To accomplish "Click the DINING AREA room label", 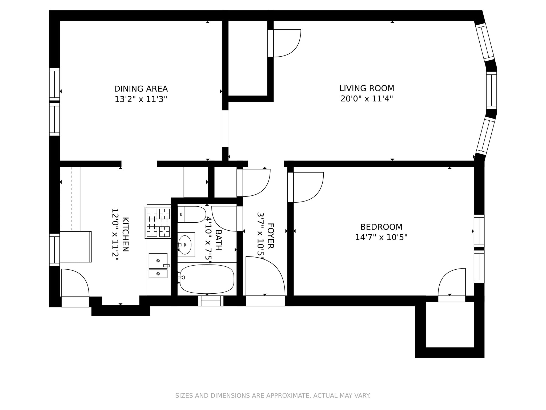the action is click(x=141, y=89).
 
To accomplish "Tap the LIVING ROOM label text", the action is click(x=367, y=88).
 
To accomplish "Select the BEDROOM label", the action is click(x=381, y=227).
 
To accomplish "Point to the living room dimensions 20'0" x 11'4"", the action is click(x=367, y=99).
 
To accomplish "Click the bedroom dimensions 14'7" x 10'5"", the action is click(x=381, y=237).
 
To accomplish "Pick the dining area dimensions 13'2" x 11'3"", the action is click(x=141, y=99).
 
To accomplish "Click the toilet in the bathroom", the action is click(x=192, y=214).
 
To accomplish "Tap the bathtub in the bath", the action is click(x=207, y=279).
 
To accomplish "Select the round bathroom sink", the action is click(x=185, y=245).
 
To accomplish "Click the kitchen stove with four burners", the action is click(x=158, y=222).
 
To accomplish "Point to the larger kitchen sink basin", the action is click(x=158, y=261).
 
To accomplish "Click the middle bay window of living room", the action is click(x=491, y=90).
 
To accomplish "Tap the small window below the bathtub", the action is click(x=211, y=301).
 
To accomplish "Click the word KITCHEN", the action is click(x=125, y=234).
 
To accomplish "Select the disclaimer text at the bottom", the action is click(x=273, y=396).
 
